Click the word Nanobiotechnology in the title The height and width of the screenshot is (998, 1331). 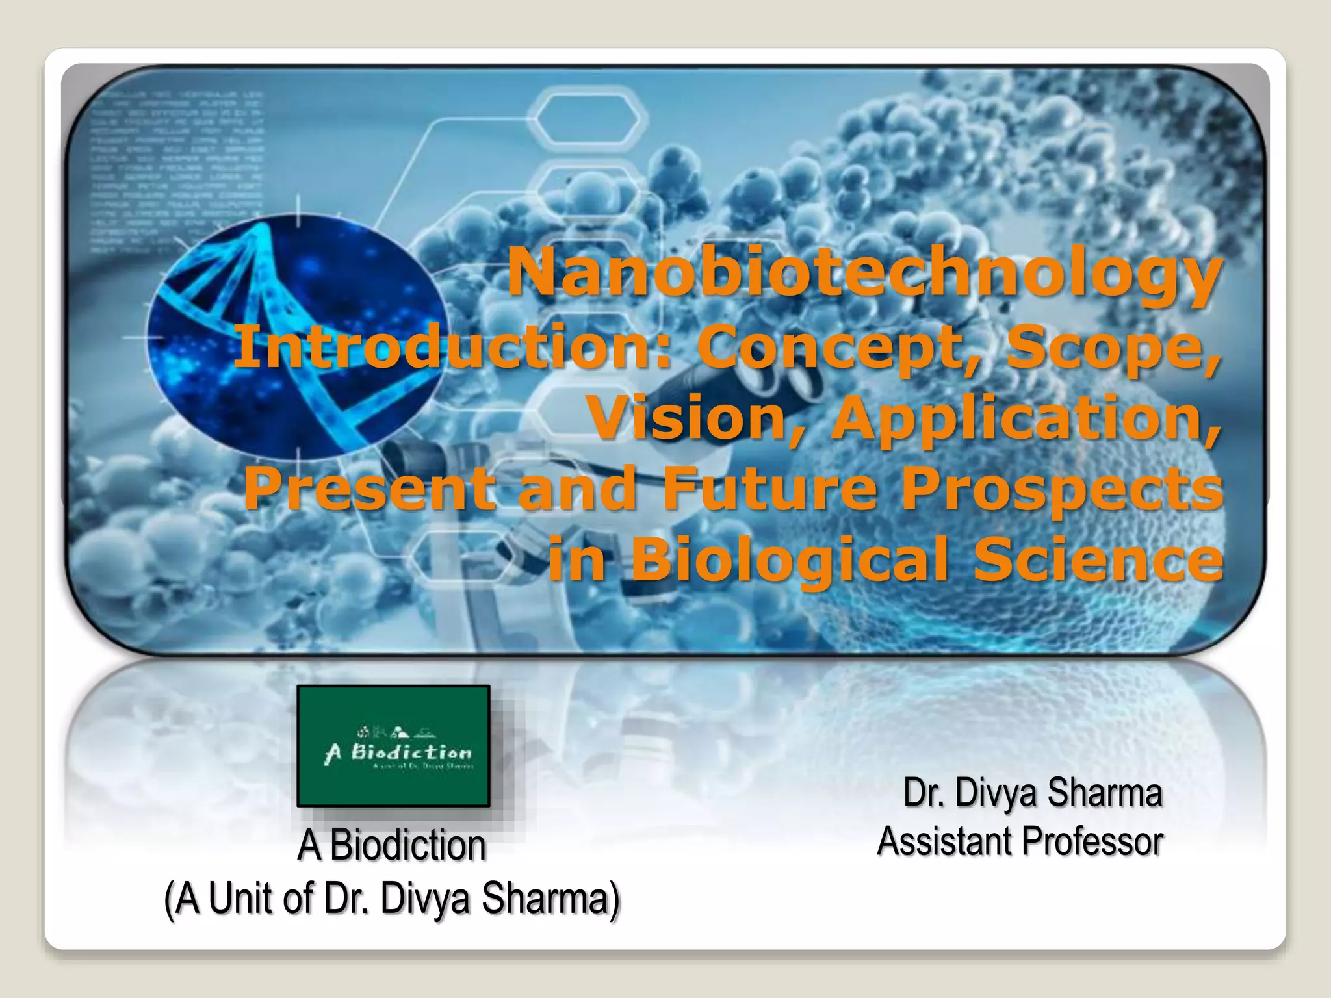click(864, 274)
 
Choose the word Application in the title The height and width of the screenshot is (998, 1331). click(1027, 419)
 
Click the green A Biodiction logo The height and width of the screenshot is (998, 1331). click(393, 746)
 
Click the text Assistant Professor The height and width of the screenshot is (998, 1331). click(1020, 842)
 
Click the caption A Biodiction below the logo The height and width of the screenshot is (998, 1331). click(392, 846)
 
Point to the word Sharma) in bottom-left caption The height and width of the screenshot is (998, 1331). click(551, 899)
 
